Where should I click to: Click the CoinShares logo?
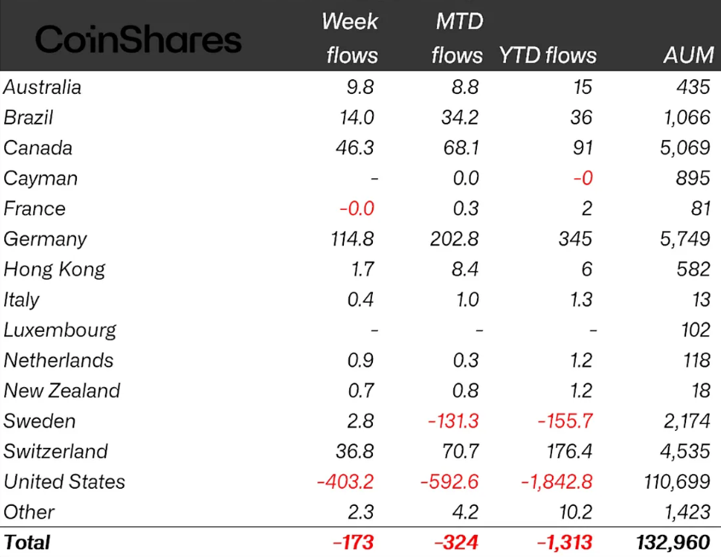tap(138, 39)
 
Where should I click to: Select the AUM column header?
tap(688, 55)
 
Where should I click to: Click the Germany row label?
tap(45, 240)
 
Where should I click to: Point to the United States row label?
tap(65, 482)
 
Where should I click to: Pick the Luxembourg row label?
tap(60, 330)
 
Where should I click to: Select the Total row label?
tap(27, 542)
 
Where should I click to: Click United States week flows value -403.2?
tap(345, 482)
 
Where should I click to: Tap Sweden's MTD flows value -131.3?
tap(450, 421)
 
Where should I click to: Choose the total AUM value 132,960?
tap(673, 542)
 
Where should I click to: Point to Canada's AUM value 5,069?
tap(685, 148)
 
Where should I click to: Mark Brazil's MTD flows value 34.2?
tap(460, 118)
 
